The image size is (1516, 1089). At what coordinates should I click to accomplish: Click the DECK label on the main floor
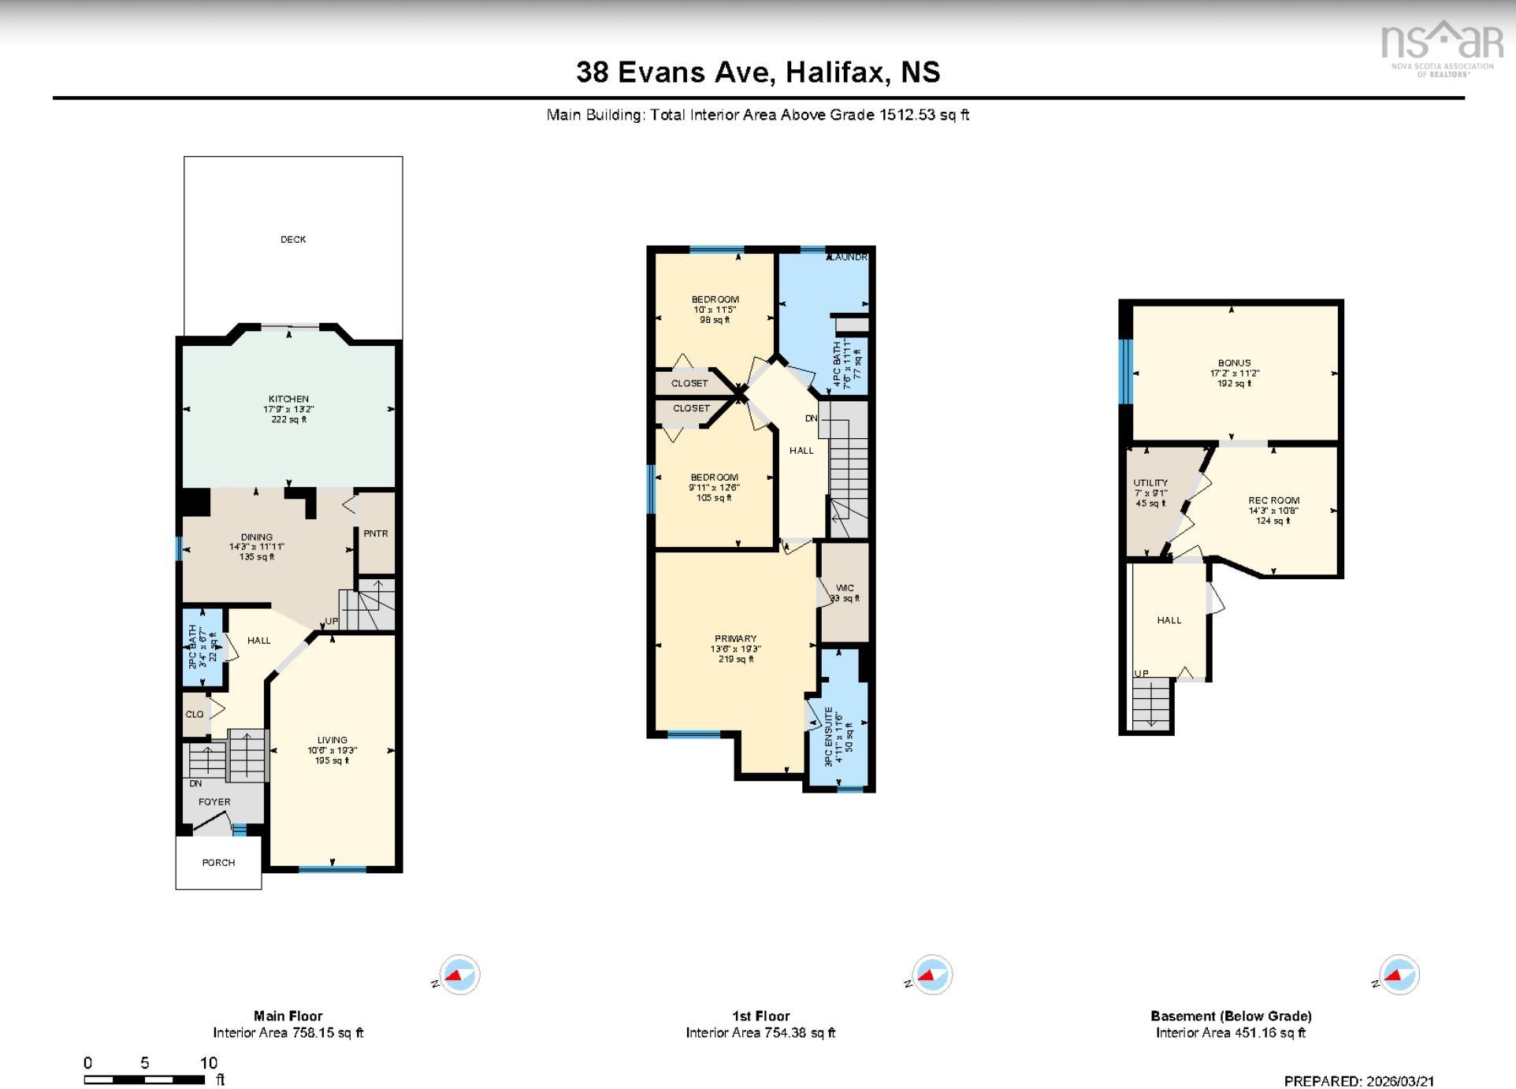tap(293, 240)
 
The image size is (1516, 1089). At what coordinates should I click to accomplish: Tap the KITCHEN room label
tap(288, 400)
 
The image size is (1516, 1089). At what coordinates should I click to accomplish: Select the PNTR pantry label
tap(376, 533)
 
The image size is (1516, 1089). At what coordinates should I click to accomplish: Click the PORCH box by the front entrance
tap(218, 863)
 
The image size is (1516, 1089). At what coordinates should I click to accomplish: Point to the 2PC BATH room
tap(203, 647)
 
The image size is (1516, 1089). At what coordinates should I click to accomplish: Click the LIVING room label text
tap(332, 741)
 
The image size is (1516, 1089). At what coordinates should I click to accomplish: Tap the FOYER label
tap(214, 802)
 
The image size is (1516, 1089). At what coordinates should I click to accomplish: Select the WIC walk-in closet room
tap(845, 593)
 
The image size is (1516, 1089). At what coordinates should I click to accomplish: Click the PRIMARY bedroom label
tap(735, 639)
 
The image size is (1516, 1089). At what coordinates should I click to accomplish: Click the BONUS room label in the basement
tap(1234, 363)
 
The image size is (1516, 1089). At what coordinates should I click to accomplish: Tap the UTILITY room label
tap(1150, 483)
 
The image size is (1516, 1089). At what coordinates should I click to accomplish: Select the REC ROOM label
tap(1273, 500)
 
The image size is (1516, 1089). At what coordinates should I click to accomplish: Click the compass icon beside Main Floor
tap(459, 976)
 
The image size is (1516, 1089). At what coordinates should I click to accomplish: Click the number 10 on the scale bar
tap(208, 1063)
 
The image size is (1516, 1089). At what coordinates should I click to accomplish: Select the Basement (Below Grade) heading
tap(1231, 1017)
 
